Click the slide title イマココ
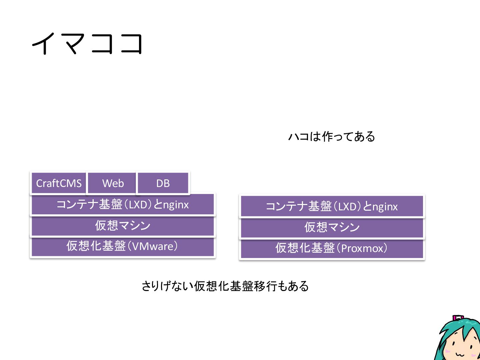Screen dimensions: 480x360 point(87,43)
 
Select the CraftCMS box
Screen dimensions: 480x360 point(59,183)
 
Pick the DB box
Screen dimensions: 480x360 point(163,183)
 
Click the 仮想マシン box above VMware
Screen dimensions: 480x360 point(123,226)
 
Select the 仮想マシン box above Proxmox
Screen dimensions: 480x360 point(332,227)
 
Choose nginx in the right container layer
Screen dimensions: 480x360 point(385,207)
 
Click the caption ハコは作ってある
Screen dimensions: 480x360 point(332,136)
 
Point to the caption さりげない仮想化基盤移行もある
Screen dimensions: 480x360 point(225,286)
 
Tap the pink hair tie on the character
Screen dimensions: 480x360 point(458,318)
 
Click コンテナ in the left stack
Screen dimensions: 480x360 point(77,205)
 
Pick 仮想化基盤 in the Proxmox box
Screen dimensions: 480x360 point(305,248)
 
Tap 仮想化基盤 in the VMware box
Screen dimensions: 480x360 point(96,246)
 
